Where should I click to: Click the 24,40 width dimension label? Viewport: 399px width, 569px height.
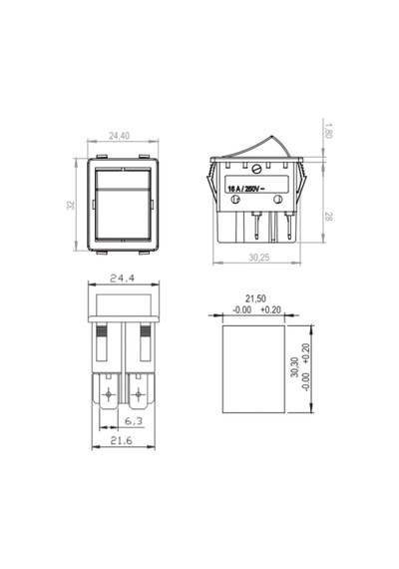(119, 136)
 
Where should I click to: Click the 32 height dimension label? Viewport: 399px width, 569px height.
(71, 205)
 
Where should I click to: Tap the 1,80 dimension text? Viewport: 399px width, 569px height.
(328, 131)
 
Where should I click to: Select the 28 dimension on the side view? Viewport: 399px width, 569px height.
(328, 217)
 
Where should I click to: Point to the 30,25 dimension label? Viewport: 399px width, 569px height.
(259, 258)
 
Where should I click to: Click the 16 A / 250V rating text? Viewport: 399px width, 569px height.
(244, 189)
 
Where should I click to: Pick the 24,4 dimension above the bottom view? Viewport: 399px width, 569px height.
(123, 279)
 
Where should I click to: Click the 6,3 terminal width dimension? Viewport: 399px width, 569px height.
(134, 421)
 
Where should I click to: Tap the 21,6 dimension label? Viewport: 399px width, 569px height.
(122, 440)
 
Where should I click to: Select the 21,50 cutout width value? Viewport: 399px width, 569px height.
(255, 298)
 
